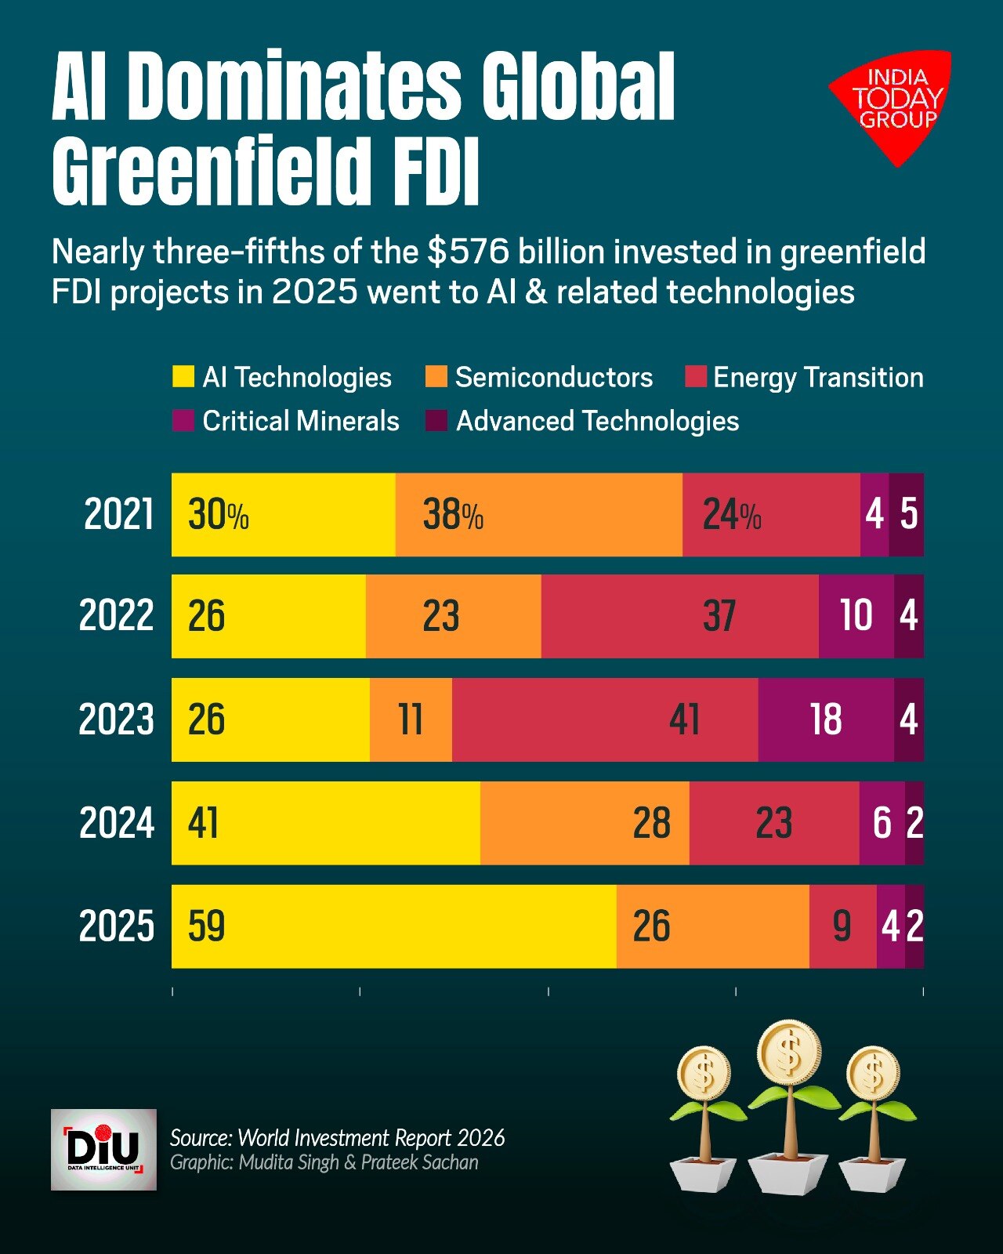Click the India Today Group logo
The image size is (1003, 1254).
click(x=892, y=105)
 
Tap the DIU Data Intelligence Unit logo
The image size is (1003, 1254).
click(x=103, y=1149)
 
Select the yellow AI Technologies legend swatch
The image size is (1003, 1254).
click(x=183, y=376)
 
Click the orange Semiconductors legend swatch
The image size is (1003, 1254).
click(x=436, y=376)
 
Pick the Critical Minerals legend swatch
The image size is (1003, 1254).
click(x=183, y=420)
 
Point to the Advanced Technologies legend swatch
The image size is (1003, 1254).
click(x=436, y=420)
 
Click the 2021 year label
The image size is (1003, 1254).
click(x=119, y=514)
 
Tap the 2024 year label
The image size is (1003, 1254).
click(x=117, y=823)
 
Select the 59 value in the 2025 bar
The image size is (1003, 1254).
click(x=206, y=926)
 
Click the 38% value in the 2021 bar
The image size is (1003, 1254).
click(x=454, y=515)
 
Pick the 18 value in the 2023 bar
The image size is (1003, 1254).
click(x=827, y=719)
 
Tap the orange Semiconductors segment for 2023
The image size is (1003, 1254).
click(x=411, y=719)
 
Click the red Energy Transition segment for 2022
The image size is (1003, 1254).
click(x=679, y=617)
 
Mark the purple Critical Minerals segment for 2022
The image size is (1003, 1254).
click(x=856, y=617)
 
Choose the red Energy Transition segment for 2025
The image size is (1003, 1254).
click(x=842, y=926)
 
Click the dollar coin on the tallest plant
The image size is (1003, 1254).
click(x=789, y=1053)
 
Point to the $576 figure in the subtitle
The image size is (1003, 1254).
click(x=469, y=252)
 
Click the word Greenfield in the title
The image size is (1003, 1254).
click(x=212, y=169)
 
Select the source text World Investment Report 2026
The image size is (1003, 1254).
click(x=372, y=1138)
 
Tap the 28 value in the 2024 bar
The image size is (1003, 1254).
click(x=652, y=824)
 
